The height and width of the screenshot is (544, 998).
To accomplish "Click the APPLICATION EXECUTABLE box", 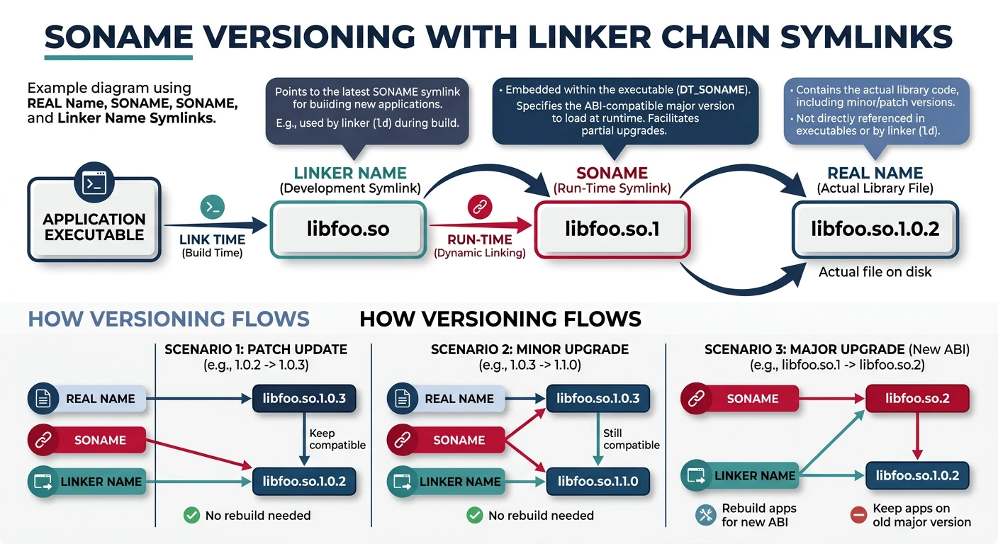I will coord(94,219).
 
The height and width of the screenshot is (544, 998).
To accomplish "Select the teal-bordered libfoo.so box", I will coord(348,229).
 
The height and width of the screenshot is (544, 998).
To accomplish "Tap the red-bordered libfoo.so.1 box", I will coord(612,229).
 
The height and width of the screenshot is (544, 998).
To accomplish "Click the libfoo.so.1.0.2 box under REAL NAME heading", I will coord(875,229).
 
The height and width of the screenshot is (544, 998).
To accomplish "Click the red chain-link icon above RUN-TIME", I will coord(480,207).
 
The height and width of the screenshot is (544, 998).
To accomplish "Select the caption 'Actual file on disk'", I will coord(875,272).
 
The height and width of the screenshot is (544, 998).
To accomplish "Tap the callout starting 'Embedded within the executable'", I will coord(624,111).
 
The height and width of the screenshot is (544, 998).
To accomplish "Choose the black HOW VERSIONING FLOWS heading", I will coord(500,319).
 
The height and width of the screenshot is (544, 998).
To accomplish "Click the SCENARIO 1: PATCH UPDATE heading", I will coord(256,349).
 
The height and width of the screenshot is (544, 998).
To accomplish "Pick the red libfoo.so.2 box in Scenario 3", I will coord(917,399).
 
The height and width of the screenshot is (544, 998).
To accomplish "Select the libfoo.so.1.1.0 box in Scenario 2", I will coord(598,482).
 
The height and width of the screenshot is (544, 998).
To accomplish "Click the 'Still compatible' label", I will coord(631,439).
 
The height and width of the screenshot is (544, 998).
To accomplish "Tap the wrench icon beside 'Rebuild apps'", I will coord(705,515).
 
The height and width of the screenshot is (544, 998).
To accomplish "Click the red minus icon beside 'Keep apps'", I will coord(858,515).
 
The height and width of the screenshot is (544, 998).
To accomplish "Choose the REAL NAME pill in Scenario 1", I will coord(86,399).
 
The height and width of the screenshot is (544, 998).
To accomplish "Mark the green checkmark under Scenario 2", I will coord(475,515).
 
